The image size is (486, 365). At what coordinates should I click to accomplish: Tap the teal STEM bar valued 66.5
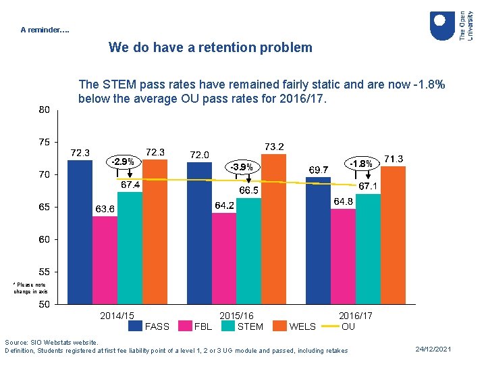pos(249,251)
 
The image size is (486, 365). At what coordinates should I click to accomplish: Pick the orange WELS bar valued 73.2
pos(273,229)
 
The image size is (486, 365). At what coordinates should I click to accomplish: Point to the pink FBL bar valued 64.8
pos(344,256)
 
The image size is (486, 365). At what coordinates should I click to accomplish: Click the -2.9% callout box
pos(124,162)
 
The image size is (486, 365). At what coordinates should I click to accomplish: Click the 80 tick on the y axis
pos(43,109)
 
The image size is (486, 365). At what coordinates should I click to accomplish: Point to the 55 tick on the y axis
pos(43,272)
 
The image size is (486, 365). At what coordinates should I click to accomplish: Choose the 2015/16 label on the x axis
pos(236,316)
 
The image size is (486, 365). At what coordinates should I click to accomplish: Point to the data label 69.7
pos(319,169)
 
